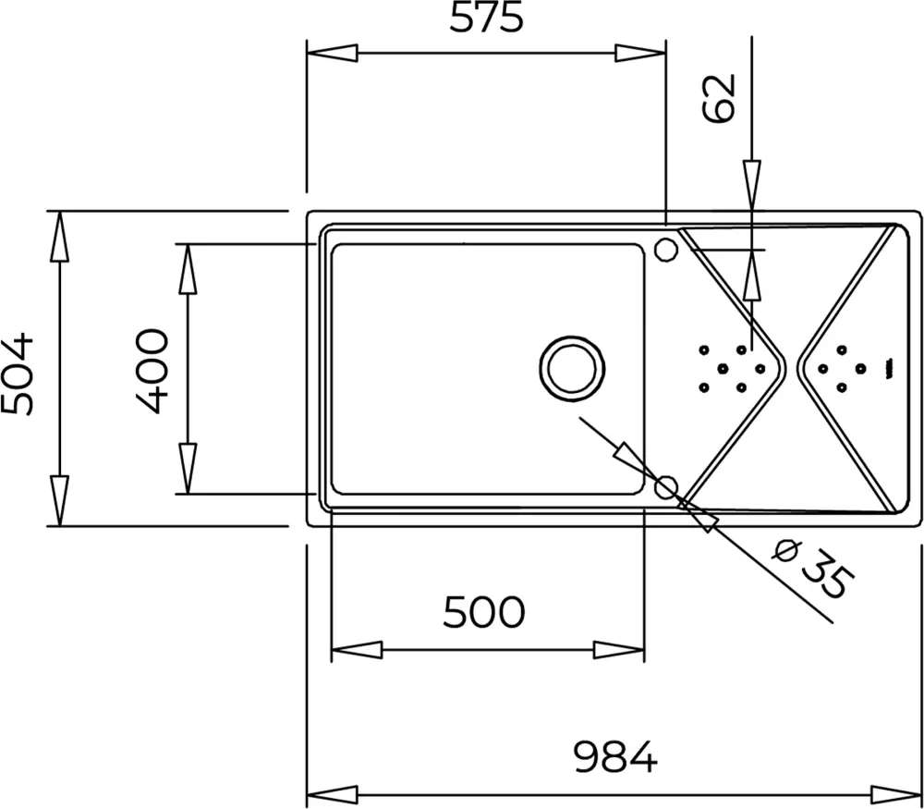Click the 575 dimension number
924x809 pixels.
[486, 17]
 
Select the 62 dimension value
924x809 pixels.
[720, 98]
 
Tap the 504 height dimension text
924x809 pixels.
[17, 374]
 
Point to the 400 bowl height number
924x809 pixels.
[152, 371]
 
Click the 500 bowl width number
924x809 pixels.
[484, 612]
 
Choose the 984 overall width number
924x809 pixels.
[615, 757]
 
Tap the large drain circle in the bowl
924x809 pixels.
[572, 369]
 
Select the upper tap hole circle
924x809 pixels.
[666, 249]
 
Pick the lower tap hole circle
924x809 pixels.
[666, 487]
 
